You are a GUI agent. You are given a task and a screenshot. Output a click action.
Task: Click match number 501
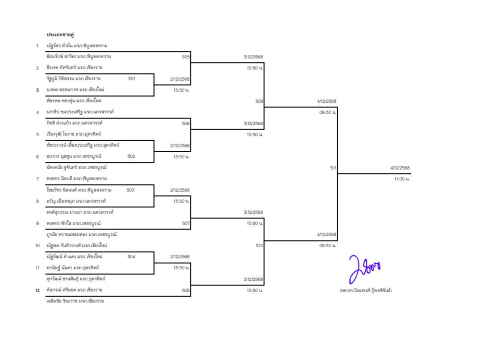tap(132, 79)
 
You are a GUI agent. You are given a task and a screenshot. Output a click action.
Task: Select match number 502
tap(131, 156)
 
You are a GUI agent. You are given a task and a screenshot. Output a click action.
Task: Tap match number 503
tap(130, 190)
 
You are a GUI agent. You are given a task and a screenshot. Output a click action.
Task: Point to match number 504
tap(131, 257)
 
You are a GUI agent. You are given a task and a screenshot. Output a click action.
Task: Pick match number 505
tap(186, 57)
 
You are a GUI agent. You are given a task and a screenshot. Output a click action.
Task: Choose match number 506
tap(186, 124)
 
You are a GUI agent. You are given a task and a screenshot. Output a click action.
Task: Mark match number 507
tap(186, 223)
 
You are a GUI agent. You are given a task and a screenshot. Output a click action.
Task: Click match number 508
tap(186, 290)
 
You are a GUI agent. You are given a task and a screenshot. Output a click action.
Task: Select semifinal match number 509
tap(259, 101)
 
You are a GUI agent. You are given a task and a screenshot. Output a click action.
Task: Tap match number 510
tap(259, 246)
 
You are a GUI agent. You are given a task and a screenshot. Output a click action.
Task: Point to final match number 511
tap(334, 168)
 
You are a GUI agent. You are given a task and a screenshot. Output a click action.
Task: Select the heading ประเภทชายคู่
tap(60, 35)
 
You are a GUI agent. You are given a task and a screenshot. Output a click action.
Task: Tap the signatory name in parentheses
tap(365, 290)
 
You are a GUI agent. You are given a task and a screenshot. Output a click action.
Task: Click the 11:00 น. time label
tap(402, 179)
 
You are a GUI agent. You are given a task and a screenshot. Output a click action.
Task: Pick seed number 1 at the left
tap(37, 46)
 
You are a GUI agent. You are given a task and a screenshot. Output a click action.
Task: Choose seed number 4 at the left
tap(37, 112)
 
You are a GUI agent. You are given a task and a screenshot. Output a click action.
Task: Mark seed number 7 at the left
tap(37, 179)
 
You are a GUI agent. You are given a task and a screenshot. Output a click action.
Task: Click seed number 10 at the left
tap(37, 246)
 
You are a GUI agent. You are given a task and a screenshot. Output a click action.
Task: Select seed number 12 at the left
tap(37, 290)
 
